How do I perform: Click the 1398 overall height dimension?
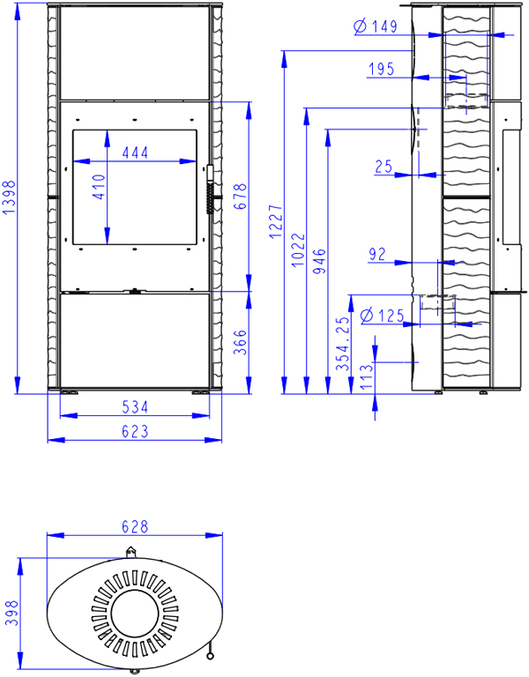[10, 197]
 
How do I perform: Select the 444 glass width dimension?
[135, 153]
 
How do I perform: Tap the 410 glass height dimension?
[100, 187]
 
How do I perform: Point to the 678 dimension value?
[240, 197]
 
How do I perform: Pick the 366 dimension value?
[240, 342]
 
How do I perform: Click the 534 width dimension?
[135, 406]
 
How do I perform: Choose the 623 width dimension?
[135, 431]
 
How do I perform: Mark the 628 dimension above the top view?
[135, 526]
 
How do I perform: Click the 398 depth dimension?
[11, 614]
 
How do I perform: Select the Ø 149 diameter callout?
[375, 26]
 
